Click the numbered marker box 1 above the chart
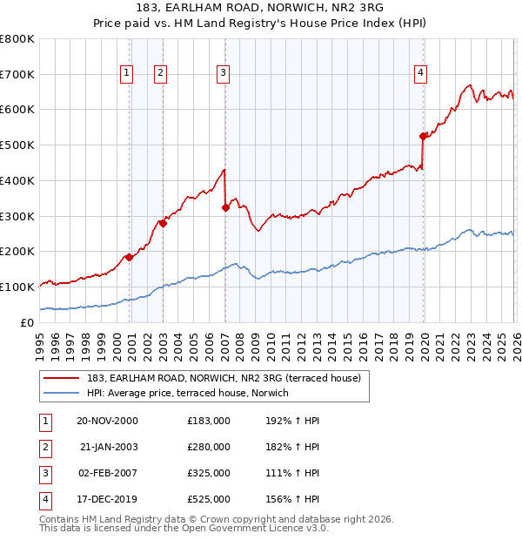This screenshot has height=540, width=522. point(128,74)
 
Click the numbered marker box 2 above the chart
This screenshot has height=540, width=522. point(161,74)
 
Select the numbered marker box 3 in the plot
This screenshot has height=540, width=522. point(224,74)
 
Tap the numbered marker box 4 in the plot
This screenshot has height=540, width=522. point(420,74)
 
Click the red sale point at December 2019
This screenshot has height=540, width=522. point(424,136)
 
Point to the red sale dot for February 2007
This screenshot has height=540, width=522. point(225,207)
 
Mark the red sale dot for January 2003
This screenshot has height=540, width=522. point(163,223)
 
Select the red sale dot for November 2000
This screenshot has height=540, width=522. point(130,257)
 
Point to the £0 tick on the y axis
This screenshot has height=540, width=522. point(28,322)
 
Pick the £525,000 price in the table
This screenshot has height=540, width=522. point(208,499)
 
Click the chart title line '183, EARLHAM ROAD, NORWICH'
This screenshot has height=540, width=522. point(261,8)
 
